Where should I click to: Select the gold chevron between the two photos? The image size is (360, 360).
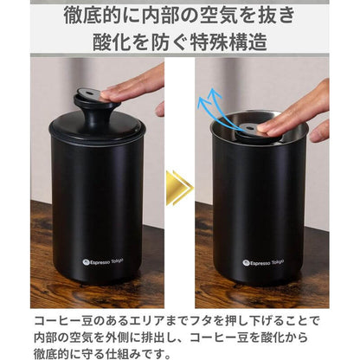(x=178, y=187)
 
